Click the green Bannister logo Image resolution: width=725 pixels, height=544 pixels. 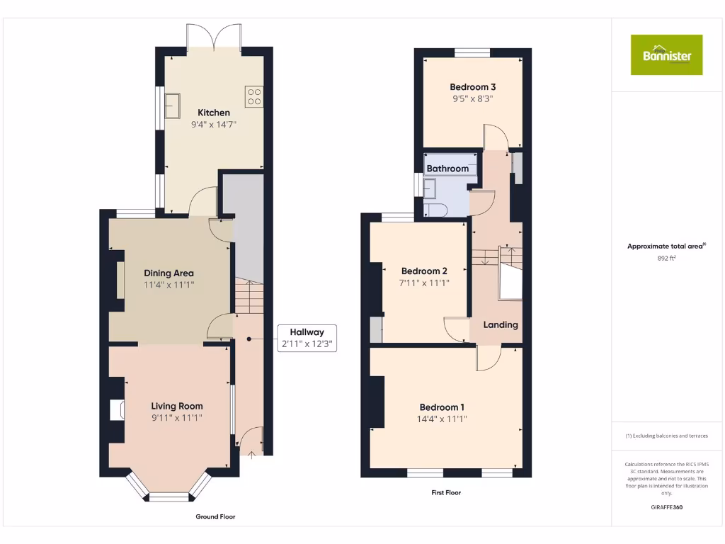click(666, 55)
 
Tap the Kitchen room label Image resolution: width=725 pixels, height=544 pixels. click(213, 113)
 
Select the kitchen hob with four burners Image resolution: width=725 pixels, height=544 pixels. click(254, 96)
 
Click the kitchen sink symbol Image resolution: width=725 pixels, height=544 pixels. click(173, 106)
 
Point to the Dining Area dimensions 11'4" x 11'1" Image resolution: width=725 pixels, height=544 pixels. click(169, 285)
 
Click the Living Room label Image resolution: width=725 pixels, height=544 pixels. click(176, 406)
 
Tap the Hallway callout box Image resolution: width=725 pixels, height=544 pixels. click(306, 338)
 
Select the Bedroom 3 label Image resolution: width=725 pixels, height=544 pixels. click(472, 87)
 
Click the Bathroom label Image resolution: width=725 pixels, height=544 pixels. click(447, 169)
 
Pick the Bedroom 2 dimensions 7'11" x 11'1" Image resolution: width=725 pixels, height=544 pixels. click(424, 283)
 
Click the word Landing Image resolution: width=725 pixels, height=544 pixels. click(501, 324)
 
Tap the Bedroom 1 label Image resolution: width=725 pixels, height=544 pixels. click(442, 407)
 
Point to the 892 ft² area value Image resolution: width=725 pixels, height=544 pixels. click(666, 259)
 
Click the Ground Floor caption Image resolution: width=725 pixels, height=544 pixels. click(215, 517)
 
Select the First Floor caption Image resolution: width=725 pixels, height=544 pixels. click(446, 492)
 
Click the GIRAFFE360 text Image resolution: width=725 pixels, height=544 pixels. click(666, 507)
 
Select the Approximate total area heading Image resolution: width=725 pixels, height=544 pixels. click(666, 246)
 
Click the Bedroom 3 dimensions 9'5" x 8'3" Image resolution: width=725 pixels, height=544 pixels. click(472, 99)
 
